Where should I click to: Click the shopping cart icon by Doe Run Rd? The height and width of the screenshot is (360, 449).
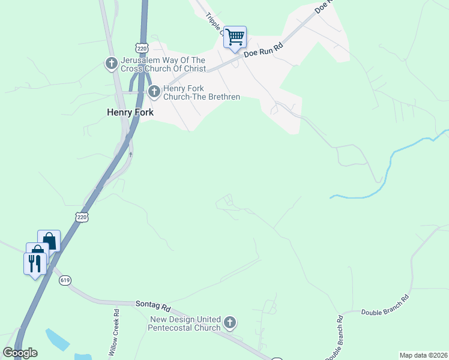coord(235,37)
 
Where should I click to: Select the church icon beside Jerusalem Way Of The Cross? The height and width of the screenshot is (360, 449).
coord(111,64)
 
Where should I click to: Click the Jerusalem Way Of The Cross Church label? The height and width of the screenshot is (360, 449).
coord(163,64)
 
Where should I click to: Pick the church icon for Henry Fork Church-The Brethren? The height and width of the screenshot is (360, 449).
coord(154,92)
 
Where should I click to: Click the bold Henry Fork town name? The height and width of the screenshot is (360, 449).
coord(130,112)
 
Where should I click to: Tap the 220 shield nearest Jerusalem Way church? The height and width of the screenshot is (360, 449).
coord(142,47)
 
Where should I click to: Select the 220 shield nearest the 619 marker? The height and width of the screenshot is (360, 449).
coord(82,217)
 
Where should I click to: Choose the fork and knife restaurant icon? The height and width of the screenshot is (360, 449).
coord(34,263)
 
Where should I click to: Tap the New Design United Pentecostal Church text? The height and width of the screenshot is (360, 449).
coord(185,323)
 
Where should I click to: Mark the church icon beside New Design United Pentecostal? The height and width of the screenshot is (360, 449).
coord(229,324)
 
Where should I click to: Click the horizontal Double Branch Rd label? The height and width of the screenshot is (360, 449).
coord(385,305)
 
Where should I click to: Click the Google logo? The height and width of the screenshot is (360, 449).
coord(20,353)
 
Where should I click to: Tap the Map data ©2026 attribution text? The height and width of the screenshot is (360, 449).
coord(423,355)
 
